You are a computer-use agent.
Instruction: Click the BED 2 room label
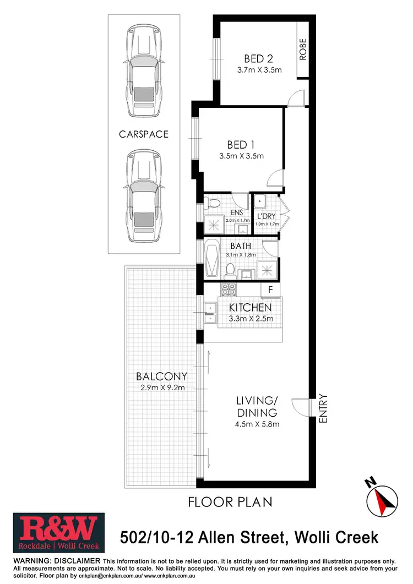click(x=259, y=58)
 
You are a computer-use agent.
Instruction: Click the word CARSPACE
click(x=144, y=134)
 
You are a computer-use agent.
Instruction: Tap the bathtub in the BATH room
click(x=212, y=259)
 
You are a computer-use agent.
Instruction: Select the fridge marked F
click(x=270, y=289)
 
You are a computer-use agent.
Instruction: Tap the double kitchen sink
click(x=210, y=313)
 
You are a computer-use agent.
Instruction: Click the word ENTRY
click(x=323, y=408)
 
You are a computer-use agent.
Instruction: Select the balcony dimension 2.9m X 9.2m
click(x=161, y=387)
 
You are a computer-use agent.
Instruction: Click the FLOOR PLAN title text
click(x=230, y=502)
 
